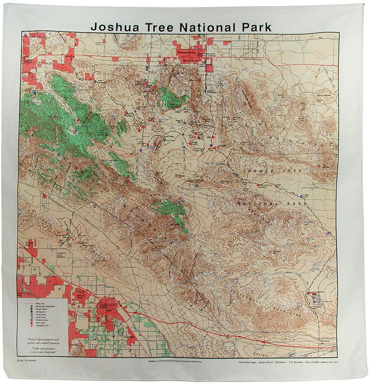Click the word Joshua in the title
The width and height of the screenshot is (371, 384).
(115, 27)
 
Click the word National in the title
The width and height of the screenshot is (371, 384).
(205, 27)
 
